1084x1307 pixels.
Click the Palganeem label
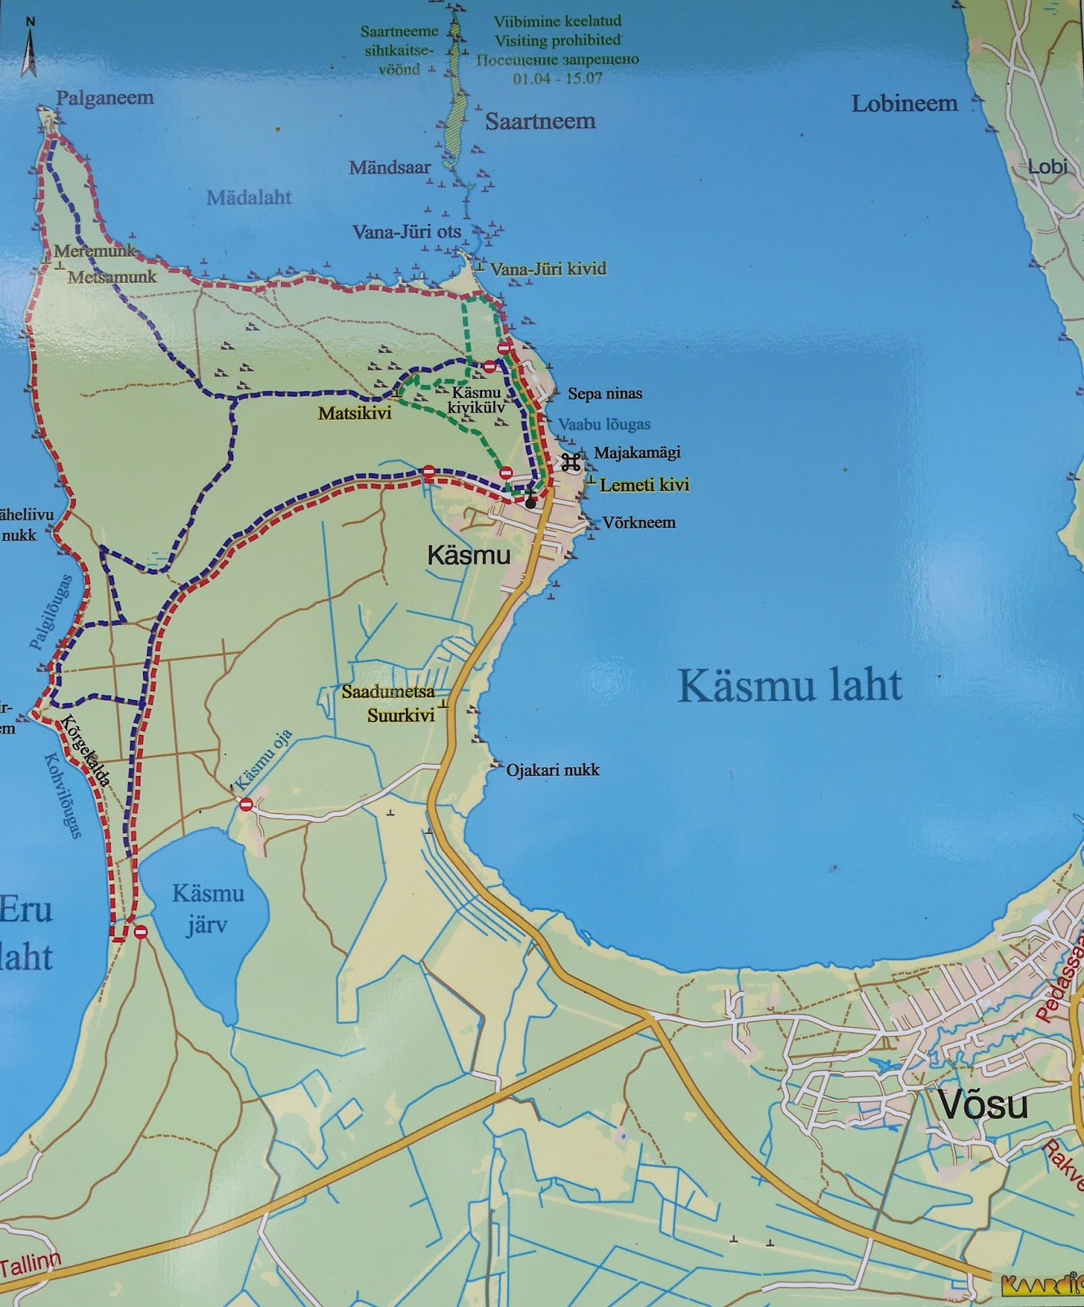(x=105, y=98)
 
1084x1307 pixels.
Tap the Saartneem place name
(x=540, y=122)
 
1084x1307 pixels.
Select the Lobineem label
(x=904, y=104)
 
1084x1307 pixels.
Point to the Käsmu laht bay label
(x=790, y=685)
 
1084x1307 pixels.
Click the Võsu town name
(x=982, y=1105)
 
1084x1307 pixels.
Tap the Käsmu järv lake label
(x=207, y=909)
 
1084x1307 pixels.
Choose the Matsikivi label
(x=355, y=413)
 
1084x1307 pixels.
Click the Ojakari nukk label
(x=553, y=769)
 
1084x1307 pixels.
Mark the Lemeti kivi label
(x=645, y=485)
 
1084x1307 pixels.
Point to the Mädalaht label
(x=249, y=197)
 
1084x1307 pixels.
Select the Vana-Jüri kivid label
(x=548, y=269)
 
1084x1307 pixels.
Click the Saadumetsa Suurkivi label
(x=388, y=704)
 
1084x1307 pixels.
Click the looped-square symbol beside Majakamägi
(x=570, y=463)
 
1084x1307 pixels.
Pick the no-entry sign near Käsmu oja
(x=246, y=805)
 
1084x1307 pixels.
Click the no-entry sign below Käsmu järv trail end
(x=141, y=932)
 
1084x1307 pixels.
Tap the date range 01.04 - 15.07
(x=557, y=79)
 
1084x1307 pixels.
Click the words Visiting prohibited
(x=557, y=40)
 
